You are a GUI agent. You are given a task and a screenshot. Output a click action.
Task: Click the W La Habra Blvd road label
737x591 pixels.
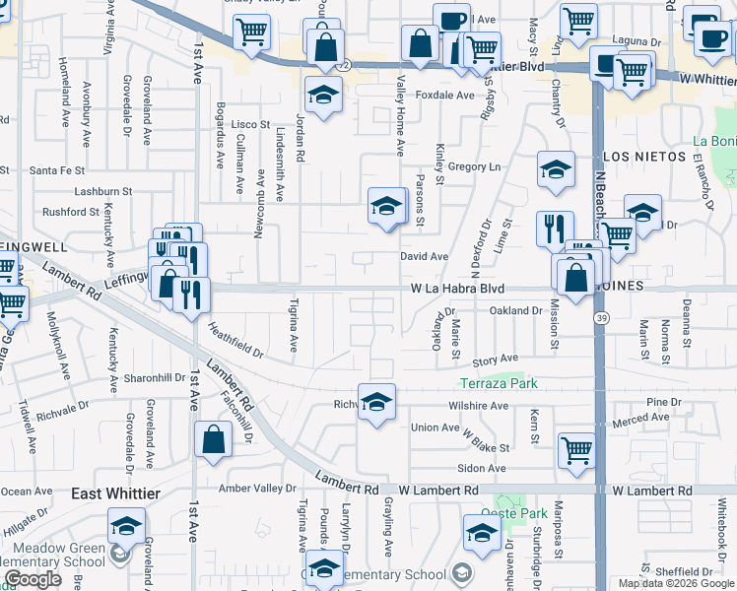point(457,289)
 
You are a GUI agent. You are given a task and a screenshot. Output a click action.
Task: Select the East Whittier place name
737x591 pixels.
point(115,492)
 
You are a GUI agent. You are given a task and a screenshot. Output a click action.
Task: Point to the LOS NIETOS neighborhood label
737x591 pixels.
point(643,157)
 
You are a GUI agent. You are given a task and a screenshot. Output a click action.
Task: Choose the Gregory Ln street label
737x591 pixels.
point(474,167)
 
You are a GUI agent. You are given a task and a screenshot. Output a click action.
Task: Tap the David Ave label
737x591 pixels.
point(424,256)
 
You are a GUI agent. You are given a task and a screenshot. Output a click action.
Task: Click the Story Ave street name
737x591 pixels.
point(495,361)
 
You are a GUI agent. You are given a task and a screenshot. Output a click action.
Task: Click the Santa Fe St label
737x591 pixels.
point(52,169)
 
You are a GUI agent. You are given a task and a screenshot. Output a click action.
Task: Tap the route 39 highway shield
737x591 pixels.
point(599,317)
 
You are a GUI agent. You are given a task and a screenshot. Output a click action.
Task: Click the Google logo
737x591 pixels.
point(33,580)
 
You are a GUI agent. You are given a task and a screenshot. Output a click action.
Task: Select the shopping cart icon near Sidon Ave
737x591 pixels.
point(576,448)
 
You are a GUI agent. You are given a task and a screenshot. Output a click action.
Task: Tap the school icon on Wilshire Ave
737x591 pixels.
point(375,401)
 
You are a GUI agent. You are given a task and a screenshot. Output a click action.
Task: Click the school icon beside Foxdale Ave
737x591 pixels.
point(322,95)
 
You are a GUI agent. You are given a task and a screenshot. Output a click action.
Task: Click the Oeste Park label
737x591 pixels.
point(513,513)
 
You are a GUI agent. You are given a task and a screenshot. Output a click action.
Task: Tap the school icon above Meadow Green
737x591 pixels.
point(126,526)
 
